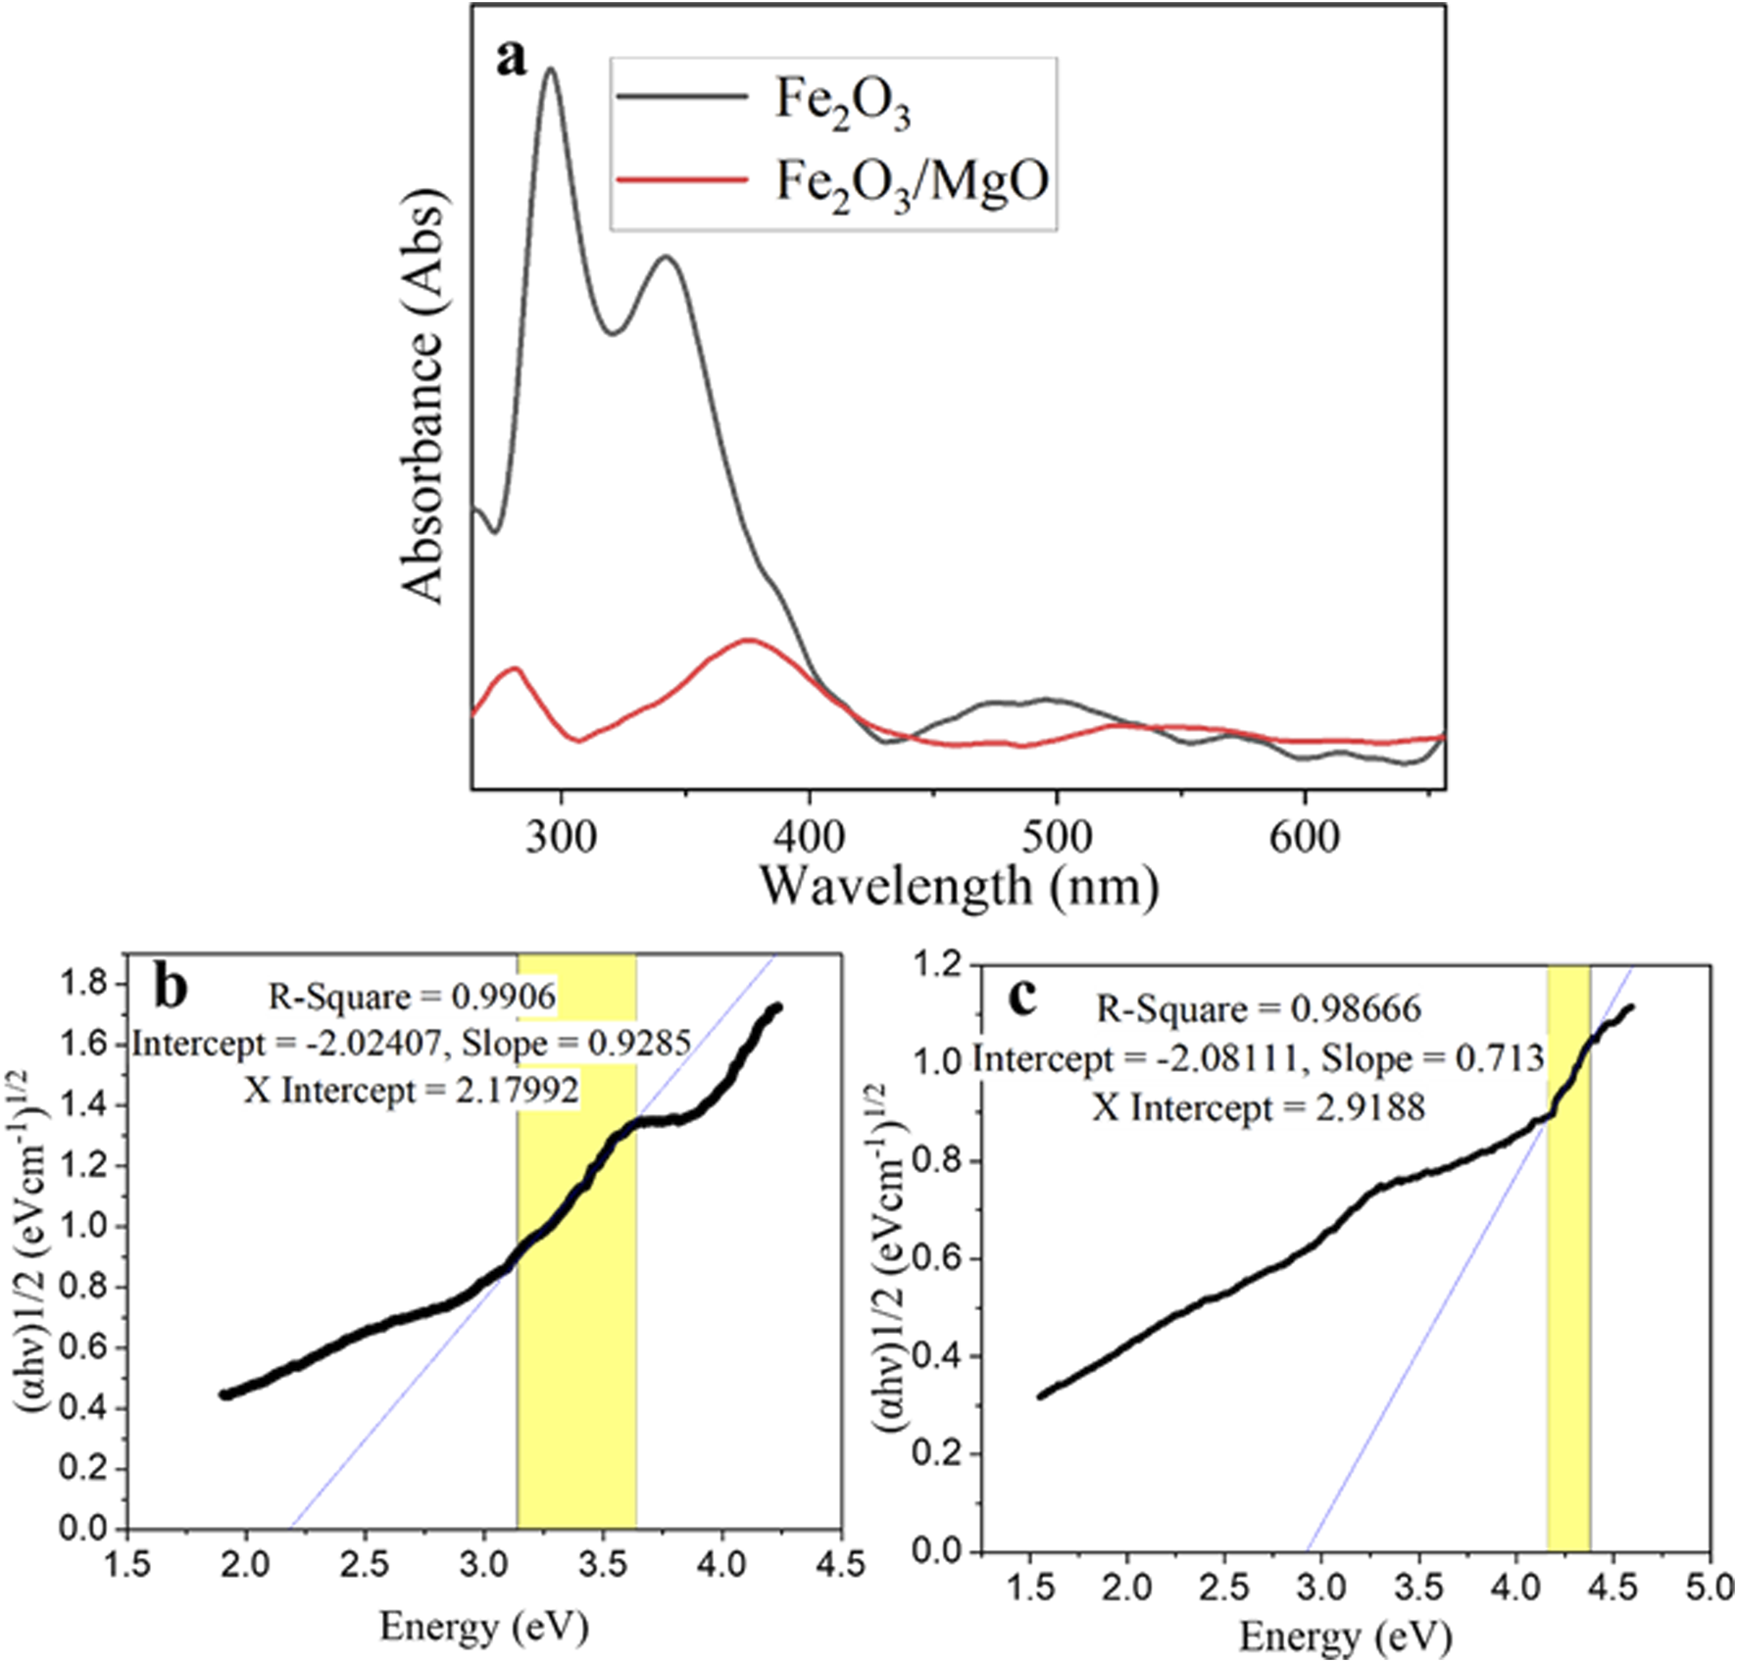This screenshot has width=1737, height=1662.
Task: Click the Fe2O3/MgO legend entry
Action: [x=912, y=181]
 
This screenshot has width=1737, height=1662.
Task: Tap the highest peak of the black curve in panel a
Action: [x=551, y=69]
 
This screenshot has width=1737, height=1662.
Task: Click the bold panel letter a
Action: [x=511, y=59]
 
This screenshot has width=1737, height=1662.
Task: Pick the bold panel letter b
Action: [x=172, y=988]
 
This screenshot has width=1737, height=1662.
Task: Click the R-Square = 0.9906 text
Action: [x=412, y=997]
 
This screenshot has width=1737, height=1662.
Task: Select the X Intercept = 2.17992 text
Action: [x=412, y=1089]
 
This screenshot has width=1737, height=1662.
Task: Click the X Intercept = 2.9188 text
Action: [x=1259, y=1107]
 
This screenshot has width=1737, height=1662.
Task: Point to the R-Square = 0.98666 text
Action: [x=1259, y=1009]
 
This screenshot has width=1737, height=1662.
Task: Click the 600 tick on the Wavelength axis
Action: [x=1305, y=839]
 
